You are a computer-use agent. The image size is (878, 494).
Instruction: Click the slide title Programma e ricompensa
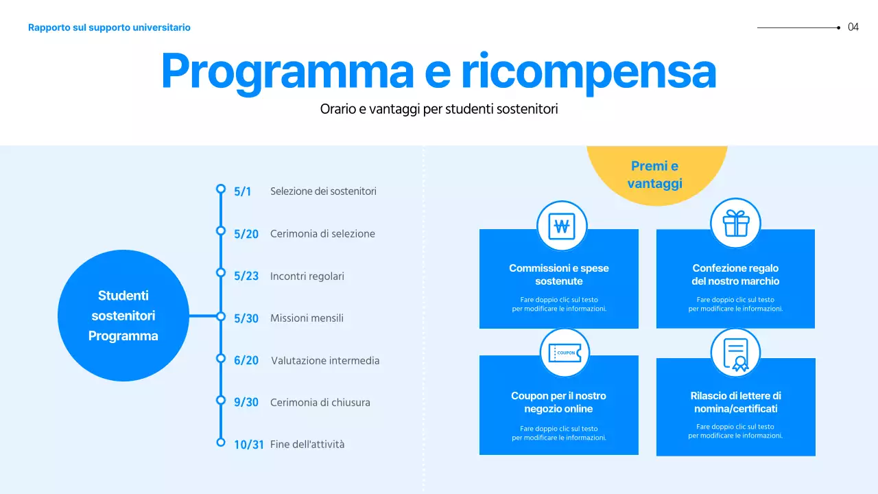(x=438, y=71)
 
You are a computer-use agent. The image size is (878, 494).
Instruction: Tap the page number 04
(x=853, y=27)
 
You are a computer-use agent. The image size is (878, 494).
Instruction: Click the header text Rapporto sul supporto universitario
(x=109, y=27)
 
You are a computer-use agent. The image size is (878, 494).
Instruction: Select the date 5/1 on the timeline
(x=242, y=192)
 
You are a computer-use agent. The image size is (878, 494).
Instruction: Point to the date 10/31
(x=248, y=445)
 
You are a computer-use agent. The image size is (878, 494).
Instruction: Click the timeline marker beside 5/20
(x=221, y=231)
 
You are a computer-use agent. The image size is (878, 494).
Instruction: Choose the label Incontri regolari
(x=307, y=276)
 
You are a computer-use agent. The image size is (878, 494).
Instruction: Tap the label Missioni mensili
(x=307, y=318)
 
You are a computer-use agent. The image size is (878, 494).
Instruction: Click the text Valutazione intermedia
(x=324, y=361)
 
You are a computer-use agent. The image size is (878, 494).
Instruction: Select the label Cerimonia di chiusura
(x=320, y=403)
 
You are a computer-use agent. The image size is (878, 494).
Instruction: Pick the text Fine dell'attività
(x=307, y=445)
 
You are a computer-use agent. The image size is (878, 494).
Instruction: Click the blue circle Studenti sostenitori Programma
(x=123, y=316)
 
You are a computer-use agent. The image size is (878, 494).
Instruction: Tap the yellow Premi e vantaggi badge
(x=655, y=175)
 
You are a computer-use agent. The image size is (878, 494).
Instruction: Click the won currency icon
(x=562, y=226)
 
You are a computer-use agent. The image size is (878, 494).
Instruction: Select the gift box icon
(x=735, y=223)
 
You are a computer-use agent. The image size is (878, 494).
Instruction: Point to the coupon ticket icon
(x=565, y=353)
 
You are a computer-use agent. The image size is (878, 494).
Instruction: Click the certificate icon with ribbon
(x=735, y=353)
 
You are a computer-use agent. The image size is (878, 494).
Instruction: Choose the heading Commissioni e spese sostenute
(x=558, y=274)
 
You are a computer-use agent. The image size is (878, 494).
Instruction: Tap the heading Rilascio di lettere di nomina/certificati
(x=735, y=402)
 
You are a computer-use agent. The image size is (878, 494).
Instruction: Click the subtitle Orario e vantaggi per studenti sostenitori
(x=438, y=109)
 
